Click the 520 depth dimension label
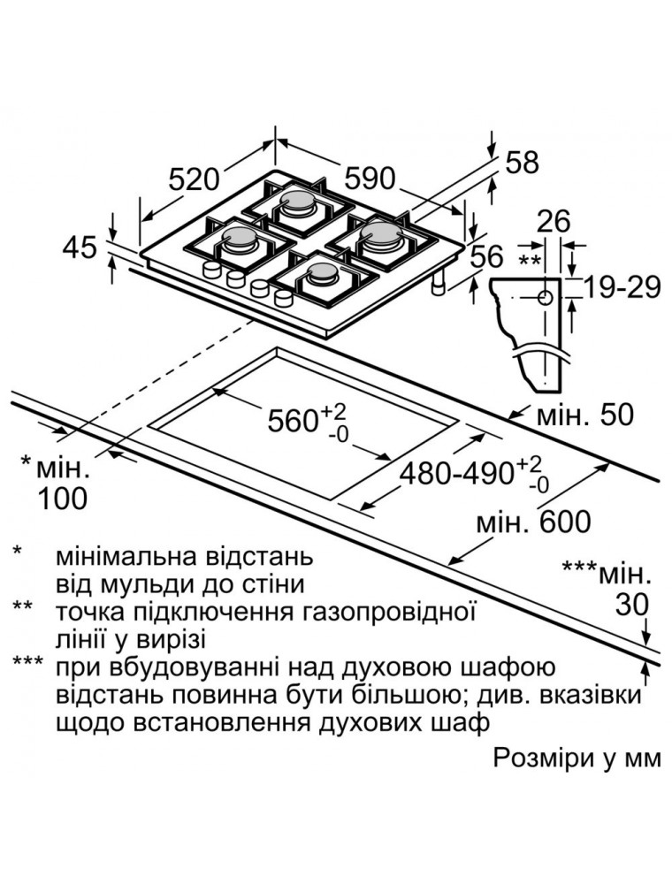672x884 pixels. tap(193, 179)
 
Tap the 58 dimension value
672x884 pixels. tap(522, 163)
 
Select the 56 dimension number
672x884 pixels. tap(485, 256)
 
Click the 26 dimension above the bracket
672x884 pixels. tap(554, 221)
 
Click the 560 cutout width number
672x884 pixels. tap(293, 421)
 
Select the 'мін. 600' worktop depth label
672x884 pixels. tap(533, 522)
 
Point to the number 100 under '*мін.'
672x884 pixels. tap(62, 499)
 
